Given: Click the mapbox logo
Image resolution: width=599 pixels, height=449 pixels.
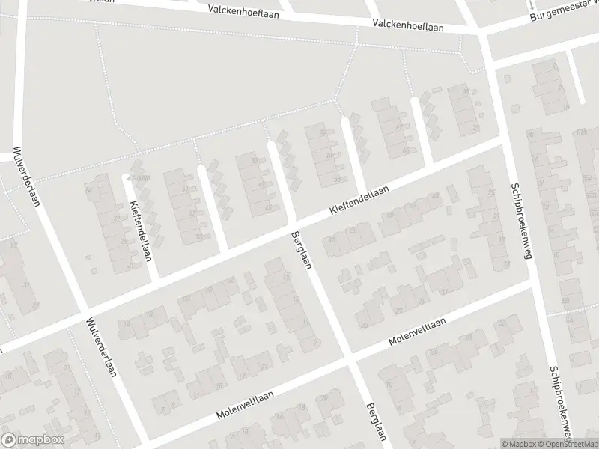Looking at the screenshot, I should (x=33, y=439).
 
